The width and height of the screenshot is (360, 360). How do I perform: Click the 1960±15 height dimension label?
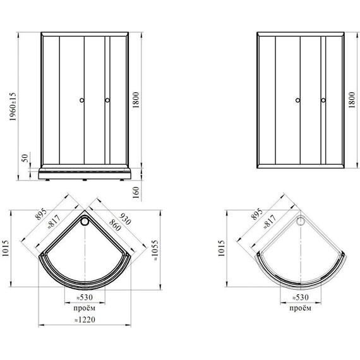tap(13, 107)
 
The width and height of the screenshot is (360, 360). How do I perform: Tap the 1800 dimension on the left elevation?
tap(136, 100)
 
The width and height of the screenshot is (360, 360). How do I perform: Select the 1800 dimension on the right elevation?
tap(352, 100)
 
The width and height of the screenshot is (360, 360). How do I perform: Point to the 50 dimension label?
tap(25, 158)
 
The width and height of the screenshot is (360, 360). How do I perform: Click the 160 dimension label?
tap(136, 193)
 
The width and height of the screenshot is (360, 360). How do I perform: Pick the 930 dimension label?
tap(125, 219)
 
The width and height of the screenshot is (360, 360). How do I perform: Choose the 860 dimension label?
tap(115, 225)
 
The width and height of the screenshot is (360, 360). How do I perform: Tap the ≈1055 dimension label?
tap(155, 250)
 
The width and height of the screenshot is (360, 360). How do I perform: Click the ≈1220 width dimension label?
tap(85, 320)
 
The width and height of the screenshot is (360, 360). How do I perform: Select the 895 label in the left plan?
tap(41, 214)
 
